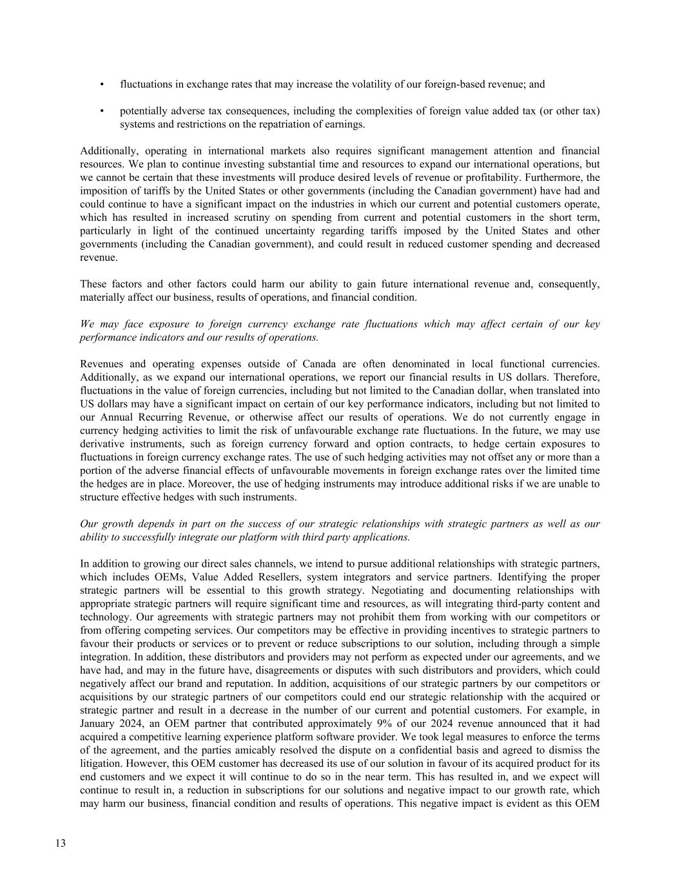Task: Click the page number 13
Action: (x=61, y=844)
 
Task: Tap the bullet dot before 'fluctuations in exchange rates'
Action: (x=102, y=84)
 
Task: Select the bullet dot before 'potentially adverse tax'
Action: (x=102, y=111)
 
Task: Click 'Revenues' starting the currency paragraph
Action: (x=101, y=364)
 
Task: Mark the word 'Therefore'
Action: (x=578, y=377)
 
